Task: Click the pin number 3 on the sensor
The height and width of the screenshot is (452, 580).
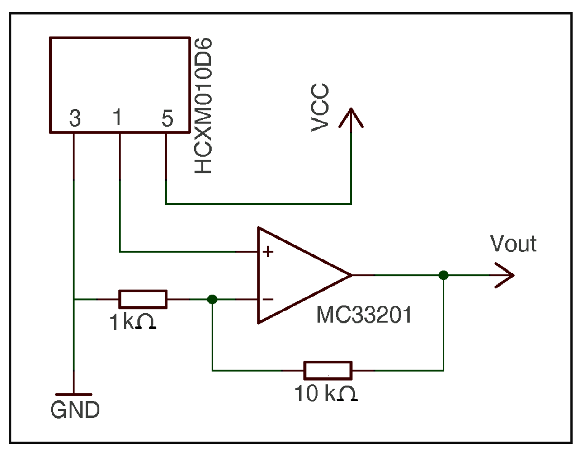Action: click(75, 118)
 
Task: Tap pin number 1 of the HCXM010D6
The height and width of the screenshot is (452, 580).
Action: click(118, 118)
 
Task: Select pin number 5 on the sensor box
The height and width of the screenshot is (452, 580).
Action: click(167, 118)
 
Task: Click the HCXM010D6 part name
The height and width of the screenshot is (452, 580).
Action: click(203, 106)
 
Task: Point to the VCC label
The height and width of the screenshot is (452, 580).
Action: click(320, 108)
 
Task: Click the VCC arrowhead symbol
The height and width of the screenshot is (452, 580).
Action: click(351, 118)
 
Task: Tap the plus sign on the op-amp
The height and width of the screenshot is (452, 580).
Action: click(268, 251)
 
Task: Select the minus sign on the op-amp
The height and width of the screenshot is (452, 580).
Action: click(268, 299)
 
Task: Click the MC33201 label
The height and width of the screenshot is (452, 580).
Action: click(364, 315)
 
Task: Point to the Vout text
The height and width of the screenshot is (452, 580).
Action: click(513, 244)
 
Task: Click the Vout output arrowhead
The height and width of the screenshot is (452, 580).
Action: click(505, 275)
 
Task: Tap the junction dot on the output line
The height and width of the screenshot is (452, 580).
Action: click(443, 275)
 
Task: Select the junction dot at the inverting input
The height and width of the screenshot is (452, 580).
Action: click(212, 299)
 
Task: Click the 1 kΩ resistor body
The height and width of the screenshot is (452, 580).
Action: click(143, 299)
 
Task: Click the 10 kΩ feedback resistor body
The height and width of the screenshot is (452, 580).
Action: click(328, 370)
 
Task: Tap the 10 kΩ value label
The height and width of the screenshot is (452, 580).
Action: click(325, 393)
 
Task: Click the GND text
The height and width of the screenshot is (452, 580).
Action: click(75, 410)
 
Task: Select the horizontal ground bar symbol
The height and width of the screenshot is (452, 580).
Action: click(73, 395)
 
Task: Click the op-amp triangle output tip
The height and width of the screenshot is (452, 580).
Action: click(350, 275)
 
